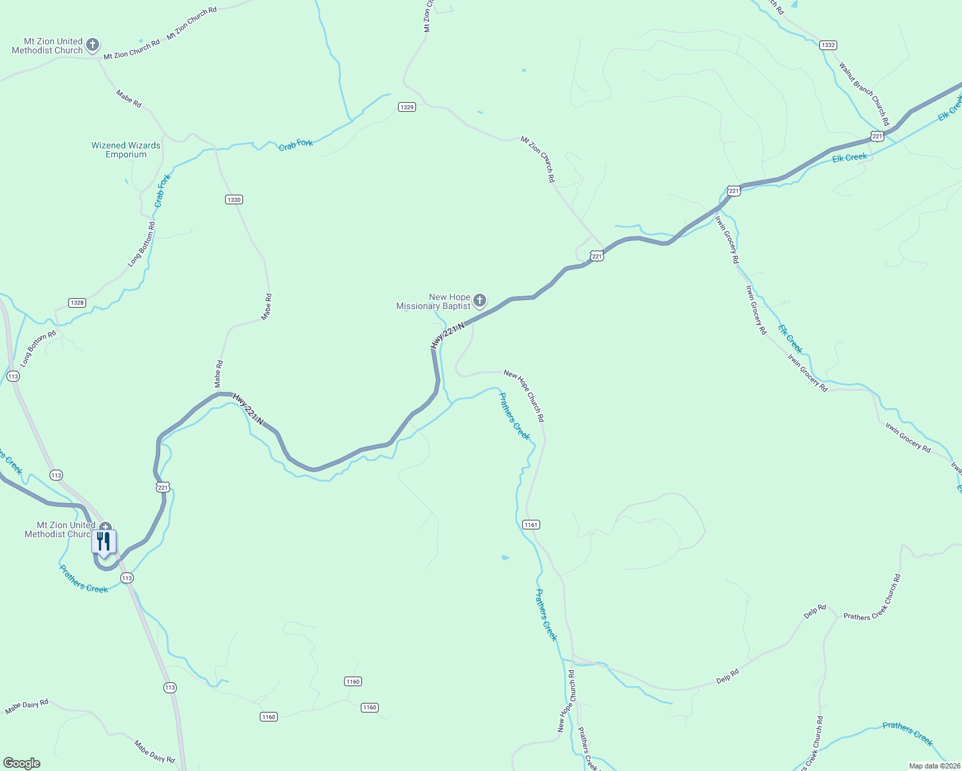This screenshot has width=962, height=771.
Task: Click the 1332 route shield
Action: coord(828,45)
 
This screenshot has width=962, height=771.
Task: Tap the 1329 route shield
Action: coord(406,107)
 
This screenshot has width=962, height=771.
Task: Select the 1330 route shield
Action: coord(234,200)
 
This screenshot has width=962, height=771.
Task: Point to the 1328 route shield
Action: coord(77,303)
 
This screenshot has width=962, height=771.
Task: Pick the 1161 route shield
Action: coord(531,525)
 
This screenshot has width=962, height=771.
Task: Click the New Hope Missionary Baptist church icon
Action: coord(480,300)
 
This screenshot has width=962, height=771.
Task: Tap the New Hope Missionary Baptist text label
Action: coord(434,302)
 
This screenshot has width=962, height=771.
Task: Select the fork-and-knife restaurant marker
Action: coord(104,541)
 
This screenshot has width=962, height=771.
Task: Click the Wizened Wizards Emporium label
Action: coord(126,150)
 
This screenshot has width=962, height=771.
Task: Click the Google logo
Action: coord(22,763)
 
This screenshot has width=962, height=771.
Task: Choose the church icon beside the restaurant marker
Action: coord(105,527)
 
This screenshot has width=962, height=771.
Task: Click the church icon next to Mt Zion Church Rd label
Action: coord(93,45)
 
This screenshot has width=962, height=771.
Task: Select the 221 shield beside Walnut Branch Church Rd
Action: coord(877,136)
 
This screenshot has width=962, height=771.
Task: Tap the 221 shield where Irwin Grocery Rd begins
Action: coord(734,191)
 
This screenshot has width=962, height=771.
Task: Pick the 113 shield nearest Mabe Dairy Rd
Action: coord(169,687)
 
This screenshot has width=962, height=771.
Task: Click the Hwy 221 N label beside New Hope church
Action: coord(448,337)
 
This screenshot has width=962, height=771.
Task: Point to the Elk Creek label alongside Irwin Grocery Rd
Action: coord(790,339)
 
